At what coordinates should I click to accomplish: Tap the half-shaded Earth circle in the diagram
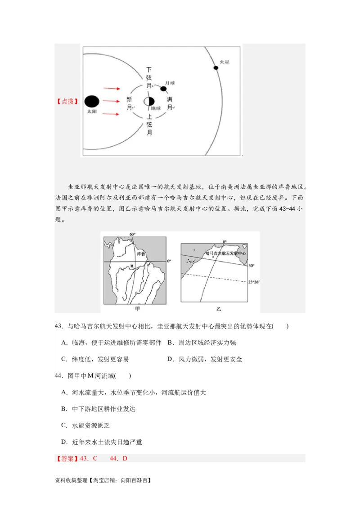click(x=149, y=101)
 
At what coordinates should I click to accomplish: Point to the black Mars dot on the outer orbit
click(x=216, y=68)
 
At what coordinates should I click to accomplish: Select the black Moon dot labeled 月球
click(x=163, y=89)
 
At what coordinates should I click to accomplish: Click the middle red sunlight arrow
click(x=111, y=101)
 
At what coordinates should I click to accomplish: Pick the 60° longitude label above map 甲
click(x=132, y=235)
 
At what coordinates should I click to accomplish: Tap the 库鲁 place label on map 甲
click(x=141, y=254)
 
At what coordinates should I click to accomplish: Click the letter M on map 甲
click(x=132, y=266)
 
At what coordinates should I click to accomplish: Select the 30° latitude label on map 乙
click(x=251, y=266)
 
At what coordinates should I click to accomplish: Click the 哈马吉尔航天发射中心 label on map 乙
click(x=225, y=254)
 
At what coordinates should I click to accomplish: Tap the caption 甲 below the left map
click(x=137, y=309)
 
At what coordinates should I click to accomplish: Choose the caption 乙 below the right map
click(x=219, y=309)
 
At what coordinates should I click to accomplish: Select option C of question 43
click(x=95, y=359)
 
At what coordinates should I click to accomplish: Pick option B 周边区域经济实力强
click(x=202, y=343)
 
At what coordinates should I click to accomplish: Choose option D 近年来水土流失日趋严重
click(x=102, y=442)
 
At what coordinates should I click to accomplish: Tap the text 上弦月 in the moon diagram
click(x=149, y=124)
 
